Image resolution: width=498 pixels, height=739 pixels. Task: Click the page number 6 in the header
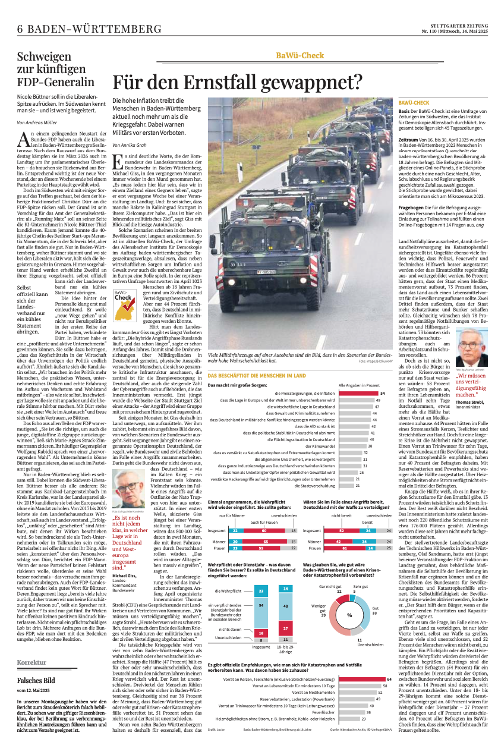[20, 29]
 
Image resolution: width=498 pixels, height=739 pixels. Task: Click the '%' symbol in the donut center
[349, 615]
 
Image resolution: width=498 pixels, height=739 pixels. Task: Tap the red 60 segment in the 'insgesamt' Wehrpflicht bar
[264, 530]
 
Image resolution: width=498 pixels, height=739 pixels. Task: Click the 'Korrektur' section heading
[31, 662]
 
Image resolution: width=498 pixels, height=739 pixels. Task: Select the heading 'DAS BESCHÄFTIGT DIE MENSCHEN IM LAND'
[257, 376]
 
